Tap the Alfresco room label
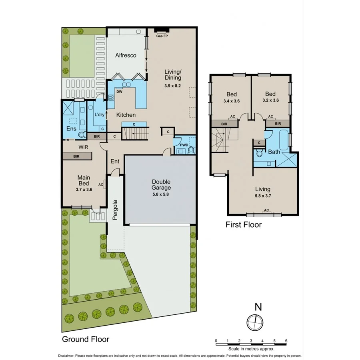[126, 56]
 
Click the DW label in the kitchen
[119, 91]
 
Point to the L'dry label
[99, 115]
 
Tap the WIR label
[83, 147]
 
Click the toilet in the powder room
[191, 150]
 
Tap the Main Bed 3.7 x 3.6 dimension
[84, 190]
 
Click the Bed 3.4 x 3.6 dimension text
[231, 101]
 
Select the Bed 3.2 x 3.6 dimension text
[270, 101]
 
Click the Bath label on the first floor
[274, 152]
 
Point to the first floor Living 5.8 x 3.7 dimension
[263, 196]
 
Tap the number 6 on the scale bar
[286, 341]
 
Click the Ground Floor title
[85, 339]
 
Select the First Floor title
[243, 225]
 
